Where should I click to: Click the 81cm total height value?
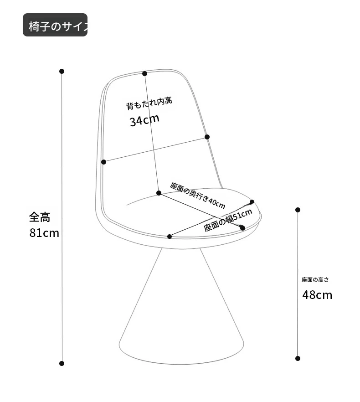point(44,233)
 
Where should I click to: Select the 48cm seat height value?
point(317,295)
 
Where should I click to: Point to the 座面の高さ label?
point(314,280)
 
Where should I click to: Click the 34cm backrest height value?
point(144,121)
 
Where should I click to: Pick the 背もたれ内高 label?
point(149,103)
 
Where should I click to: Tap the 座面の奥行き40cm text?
point(198,195)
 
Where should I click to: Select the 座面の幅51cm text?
point(228,220)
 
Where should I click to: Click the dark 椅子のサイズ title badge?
point(55,25)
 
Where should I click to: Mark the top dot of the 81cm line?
point(62,71)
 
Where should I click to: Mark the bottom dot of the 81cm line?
point(62,363)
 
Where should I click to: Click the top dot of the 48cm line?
point(298,210)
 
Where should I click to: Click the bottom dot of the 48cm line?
point(298,358)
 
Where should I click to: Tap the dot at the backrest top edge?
point(144,73)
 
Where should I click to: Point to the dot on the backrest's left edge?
point(103,162)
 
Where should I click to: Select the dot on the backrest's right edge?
point(207,137)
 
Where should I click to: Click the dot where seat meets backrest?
point(159,193)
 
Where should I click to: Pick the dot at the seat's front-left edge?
point(170,236)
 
